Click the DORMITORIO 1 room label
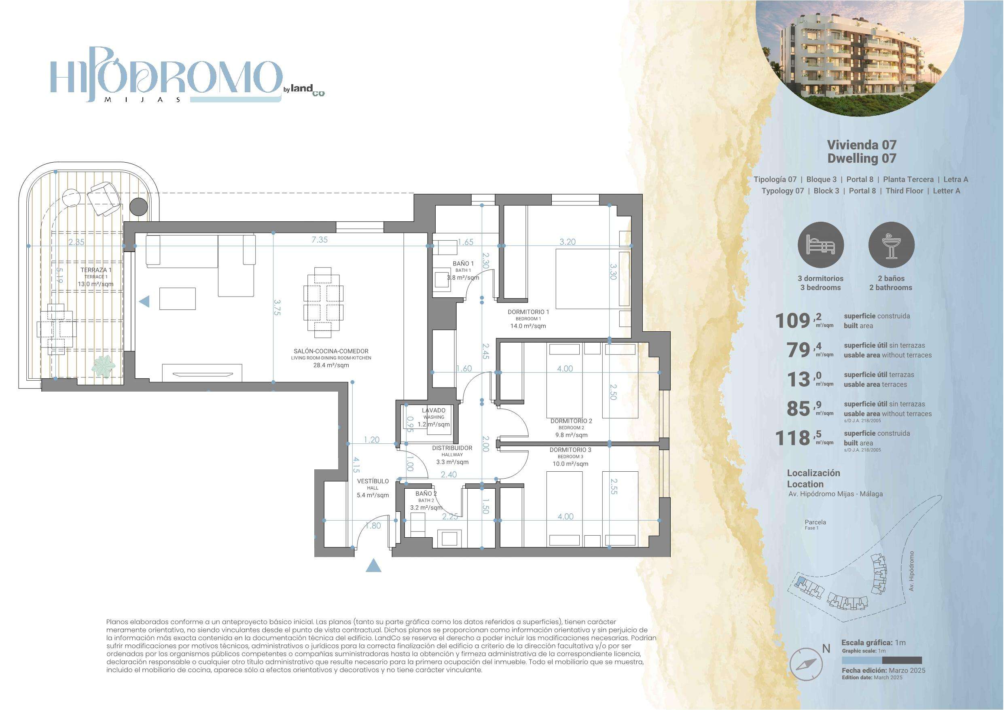pyautogui.click(x=528, y=312)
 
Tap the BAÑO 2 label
pyautogui.click(x=426, y=494)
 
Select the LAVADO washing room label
pyautogui.click(x=434, y=410)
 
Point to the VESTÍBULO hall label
pyautogui.click(x=373, y=481)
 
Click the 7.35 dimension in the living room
pyautogui.click(x=320, y=240)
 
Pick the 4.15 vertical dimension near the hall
pyautogui.click(x=357, y=465)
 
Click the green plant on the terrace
pyautogui.click(x=104, y=366)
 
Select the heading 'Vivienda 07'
pyautogui.click(x=862, y=144)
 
